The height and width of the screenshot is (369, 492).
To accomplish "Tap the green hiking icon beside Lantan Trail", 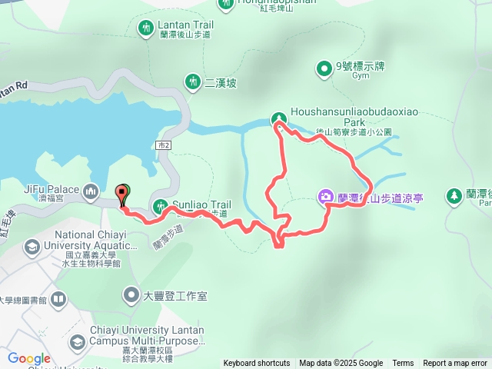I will click(x=146, y=29).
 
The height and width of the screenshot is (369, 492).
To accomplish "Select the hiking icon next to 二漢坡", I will click(x=191, y=81).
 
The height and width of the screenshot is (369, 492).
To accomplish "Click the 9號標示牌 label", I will click(x=360, y=65).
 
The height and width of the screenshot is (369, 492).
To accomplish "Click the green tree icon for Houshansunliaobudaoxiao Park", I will click(x=278, y=118).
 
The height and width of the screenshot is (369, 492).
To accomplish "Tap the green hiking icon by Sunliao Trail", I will click(x=160, y=205).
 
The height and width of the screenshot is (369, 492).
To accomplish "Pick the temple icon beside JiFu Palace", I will click(x=91, y=191).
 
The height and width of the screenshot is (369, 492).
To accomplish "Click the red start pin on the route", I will click(x=121, y=194).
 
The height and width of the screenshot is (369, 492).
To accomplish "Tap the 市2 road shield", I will click(x=162, y=145).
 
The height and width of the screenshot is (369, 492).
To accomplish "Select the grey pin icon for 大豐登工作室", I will click(x=131, y=294).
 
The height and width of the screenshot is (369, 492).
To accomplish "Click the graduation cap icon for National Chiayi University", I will click(x=32, y=247).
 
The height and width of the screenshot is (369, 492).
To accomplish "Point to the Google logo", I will click(x=28, y=358).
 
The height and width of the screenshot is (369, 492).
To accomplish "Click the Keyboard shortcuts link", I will click(x=257, y=364).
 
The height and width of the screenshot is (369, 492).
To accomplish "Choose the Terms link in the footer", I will click(x=403, y=364).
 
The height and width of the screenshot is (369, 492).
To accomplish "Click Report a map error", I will click(x=455, y=364).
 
